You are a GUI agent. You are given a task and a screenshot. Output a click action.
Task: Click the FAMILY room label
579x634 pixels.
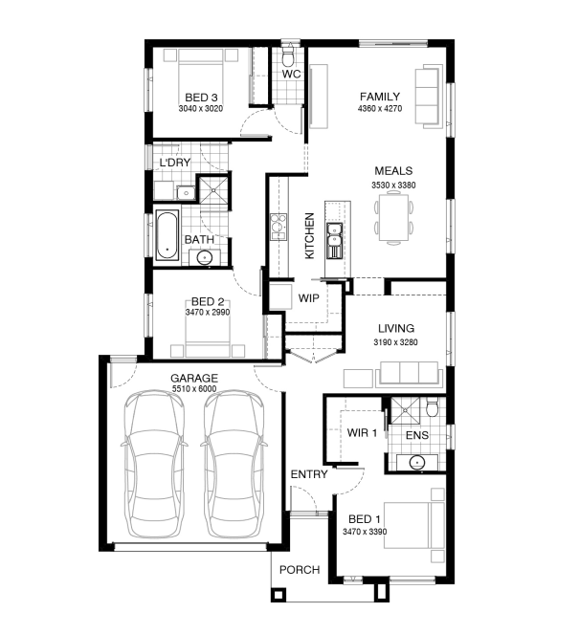click(x=380, y=97)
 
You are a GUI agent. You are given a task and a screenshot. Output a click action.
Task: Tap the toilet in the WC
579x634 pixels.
click(x=288, y=56)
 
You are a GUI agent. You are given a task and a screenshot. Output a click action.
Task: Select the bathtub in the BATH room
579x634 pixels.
click(x=167, y=235)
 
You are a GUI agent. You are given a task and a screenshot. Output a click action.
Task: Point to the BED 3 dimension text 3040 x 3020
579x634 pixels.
click(x=201, y=109)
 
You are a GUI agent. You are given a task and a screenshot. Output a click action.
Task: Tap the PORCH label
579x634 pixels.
click(x=300, y=570)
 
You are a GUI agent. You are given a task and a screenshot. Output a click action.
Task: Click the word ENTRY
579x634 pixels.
click(x=309, y=474)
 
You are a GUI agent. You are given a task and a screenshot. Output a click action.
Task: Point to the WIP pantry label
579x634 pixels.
click(x=308, y=298)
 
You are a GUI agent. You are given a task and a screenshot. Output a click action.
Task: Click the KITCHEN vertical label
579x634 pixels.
click(x=309, y=236)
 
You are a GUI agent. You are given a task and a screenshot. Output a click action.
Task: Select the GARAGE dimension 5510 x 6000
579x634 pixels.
click(x=194, y=389)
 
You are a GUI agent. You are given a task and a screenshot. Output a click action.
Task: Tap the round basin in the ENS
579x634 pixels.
click(x=416, y=462)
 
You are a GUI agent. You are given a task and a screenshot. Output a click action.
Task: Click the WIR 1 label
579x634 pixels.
click(x=362, y=433)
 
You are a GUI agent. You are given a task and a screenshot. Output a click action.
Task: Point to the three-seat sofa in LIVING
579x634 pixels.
click(x=409, y=373)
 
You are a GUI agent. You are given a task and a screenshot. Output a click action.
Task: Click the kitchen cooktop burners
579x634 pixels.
click(x=278, y=227)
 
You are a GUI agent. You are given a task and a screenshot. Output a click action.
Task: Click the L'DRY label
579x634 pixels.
click(x=175, y=163)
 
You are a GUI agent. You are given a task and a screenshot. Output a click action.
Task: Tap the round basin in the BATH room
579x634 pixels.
click(x=205, y=257)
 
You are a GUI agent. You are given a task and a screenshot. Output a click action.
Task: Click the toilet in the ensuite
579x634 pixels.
click(x=432, y=406)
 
